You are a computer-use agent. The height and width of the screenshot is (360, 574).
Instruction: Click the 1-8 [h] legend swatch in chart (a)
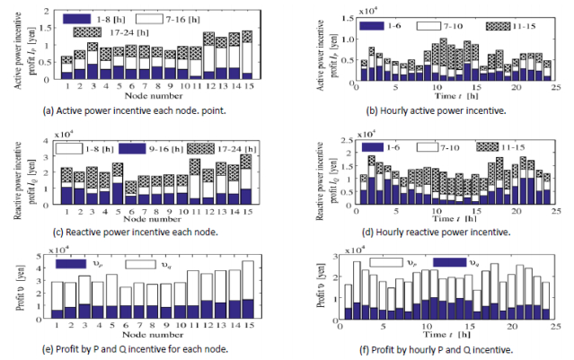point(89,17)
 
